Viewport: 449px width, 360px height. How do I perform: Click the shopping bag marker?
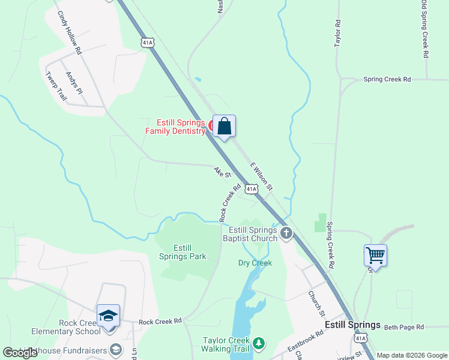(224, 127)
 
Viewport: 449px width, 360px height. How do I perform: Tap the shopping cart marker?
(375, 255)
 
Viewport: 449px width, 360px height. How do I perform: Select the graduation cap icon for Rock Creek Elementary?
(109, 316)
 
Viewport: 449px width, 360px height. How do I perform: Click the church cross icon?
(286, 233)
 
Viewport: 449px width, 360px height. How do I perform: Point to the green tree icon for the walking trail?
(259, 343)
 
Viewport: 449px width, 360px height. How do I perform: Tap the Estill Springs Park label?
(182, 252)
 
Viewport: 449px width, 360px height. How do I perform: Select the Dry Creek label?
(255, 263)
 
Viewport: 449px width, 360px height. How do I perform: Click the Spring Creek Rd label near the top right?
(387, 79)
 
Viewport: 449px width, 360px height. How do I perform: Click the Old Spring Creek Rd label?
(424, 29)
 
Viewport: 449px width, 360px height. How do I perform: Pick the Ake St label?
(222, 172)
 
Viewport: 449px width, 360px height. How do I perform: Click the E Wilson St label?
(262, 176)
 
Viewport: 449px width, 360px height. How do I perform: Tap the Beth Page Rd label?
(404, 327)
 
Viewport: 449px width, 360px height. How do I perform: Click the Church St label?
(316, 304)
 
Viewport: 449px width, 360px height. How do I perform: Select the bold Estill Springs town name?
(352, 325)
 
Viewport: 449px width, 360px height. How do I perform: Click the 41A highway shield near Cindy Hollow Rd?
(148, 42)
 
